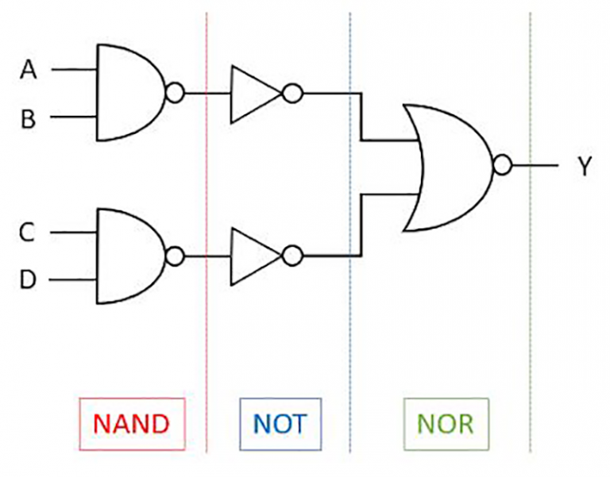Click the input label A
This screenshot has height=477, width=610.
[29, 70]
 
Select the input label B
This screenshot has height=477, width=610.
[29, 119]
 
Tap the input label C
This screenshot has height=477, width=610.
[29, 233]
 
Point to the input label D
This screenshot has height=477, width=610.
[29, 281]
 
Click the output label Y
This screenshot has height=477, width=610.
[585, 167]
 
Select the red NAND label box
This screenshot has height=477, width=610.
[131, 423]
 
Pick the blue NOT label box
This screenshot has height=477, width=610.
[280, 423]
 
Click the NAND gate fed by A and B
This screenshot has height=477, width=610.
[127, 94]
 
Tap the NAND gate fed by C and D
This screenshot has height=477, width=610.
[127, 256]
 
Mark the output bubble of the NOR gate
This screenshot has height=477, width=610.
[502, 165]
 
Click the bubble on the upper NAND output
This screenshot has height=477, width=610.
[176, 94]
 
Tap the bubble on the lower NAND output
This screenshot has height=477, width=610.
[176, 256]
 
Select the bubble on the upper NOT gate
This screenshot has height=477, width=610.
[292, 94]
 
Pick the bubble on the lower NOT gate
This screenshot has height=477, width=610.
[292, 256]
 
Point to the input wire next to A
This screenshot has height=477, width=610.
[73, 70]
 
